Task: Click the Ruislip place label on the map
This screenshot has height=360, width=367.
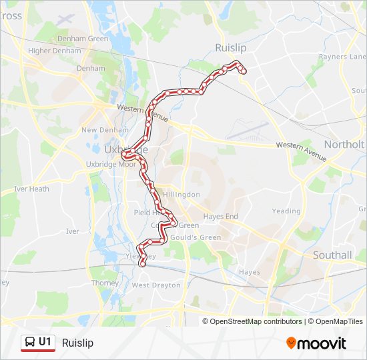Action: (231, 47)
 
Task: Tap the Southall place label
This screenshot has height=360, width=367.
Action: (332, 255)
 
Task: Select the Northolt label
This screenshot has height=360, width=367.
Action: (344, 144)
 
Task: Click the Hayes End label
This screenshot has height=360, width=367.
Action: (220, 217)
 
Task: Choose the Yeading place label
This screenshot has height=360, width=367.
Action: (286, 211)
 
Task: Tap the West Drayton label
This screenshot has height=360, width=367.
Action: (156, 285)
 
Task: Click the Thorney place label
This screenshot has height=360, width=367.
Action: (105, 283)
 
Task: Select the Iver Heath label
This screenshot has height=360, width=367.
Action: (32, 189)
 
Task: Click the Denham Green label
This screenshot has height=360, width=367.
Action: (83, 39)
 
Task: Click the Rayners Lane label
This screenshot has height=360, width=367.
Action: (342, 57)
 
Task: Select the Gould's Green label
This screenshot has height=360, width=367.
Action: (198, 237)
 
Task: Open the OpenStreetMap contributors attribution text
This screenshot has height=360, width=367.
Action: (256, 321)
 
